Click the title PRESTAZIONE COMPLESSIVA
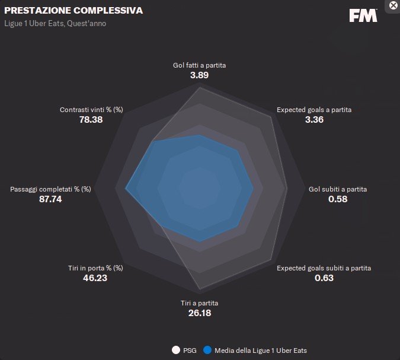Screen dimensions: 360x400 [x=73, y=11]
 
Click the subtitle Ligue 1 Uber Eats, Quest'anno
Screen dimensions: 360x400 [x=56, y=24]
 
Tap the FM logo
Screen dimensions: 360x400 [x=363, y=16]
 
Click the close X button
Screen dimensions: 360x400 [x=393, y=5]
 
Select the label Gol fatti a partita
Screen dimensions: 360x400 [x=199, y=65]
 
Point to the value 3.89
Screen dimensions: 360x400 [x=199, y=75]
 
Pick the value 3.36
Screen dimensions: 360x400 [x=314, y=120]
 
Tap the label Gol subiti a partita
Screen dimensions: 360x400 [x=338, y=189]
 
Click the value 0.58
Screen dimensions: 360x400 [x=338, y=199]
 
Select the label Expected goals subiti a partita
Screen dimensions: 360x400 [x=324, y=268]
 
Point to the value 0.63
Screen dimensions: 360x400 [x=324, y=278]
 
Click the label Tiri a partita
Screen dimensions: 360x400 [x=199, y=303]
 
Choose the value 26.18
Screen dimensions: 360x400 [x=199, y=313]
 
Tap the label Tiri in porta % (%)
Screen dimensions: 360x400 [x=95, y=268]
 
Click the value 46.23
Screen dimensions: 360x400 [x=95, y=278]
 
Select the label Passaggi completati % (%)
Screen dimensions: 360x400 [x=50, y=189]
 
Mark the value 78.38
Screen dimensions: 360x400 [x=91, y=120]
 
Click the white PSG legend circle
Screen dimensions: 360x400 [x=175, y=350]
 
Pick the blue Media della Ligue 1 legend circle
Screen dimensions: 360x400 [x=207, y=350]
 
